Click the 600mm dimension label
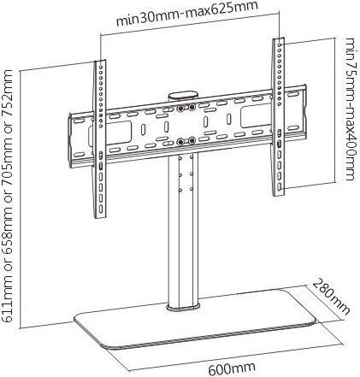tap(232, 368)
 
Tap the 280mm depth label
tap(332, 297)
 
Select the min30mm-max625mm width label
tap(187, 14)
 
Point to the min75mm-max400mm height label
tap(350, 109)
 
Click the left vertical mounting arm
tap(100, 139)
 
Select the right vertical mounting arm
tap(279, 117)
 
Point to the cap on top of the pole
tap(183, 97)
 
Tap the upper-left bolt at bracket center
tap(180, 109)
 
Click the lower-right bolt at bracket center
tap(192, 140)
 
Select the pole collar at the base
tap(183, 307)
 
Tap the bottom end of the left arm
tap(100, 216)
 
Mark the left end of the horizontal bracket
tap(70, 140)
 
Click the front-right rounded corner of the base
tap(313, 323)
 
